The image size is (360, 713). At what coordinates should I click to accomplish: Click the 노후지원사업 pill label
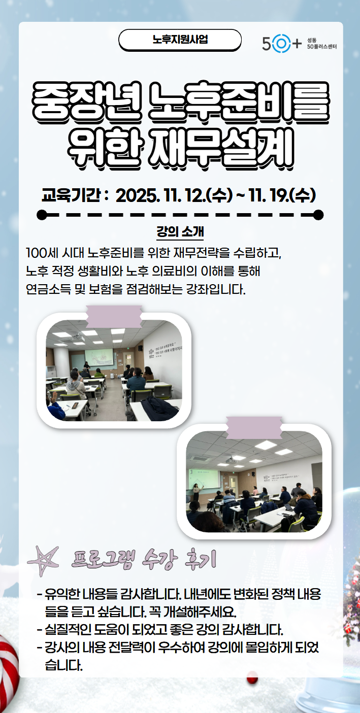click(180, 40)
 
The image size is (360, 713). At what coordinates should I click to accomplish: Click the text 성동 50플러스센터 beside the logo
click(321, 44)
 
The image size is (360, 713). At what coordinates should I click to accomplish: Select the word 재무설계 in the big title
click(222, 149)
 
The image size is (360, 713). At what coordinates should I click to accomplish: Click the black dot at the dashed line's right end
click(318, 215)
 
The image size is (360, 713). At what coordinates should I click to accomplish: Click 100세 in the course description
click(42, 252)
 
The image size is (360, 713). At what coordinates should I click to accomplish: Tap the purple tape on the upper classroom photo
click(114, 316)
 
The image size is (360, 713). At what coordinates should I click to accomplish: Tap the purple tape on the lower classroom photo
click(253, 428)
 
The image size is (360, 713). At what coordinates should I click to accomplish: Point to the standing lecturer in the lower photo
click(195, 492)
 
